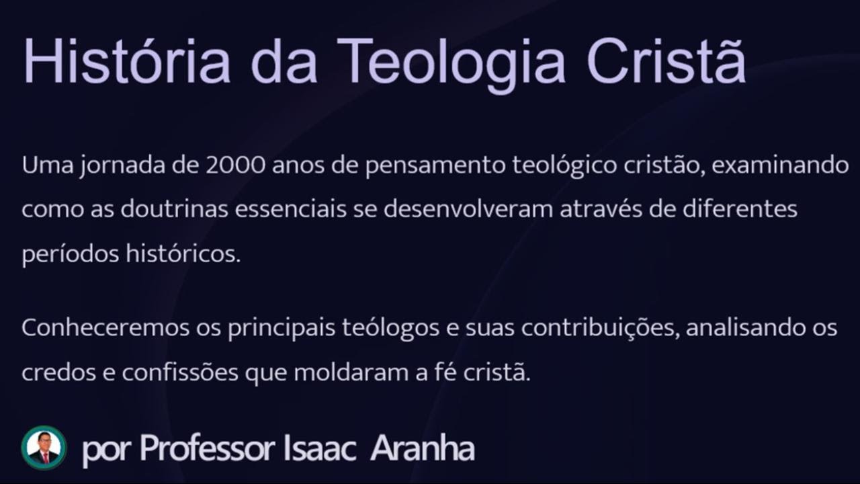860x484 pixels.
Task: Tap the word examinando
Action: [x=780, y=165]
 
